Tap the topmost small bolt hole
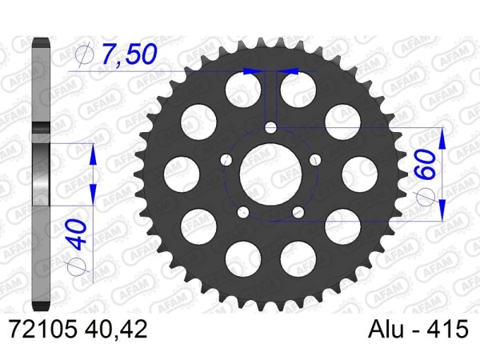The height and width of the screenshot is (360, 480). [271, 128]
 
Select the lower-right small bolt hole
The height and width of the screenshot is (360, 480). [297, 211]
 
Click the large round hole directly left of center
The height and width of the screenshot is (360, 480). [183, 171]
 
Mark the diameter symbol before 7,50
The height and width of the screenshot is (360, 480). [84, 54]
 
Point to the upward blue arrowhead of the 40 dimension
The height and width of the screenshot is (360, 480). [93, 154]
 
